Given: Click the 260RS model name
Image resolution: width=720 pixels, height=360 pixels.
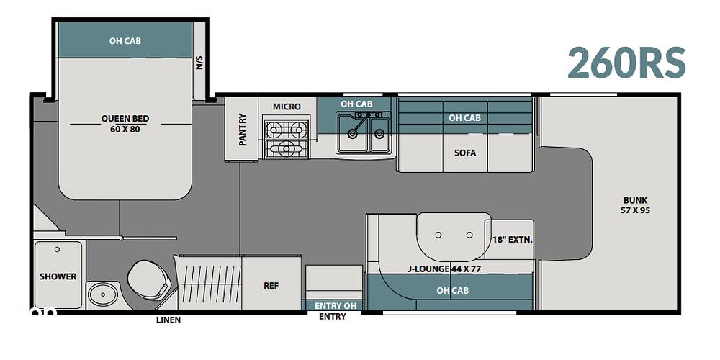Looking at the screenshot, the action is (x=626, y=63).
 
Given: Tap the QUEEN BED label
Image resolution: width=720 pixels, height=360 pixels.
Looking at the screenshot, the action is (x=125, y=119).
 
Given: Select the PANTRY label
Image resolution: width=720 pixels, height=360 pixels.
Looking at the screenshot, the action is (x=242, y=130).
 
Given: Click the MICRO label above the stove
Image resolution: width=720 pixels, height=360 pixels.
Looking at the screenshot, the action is (x=287, y=107).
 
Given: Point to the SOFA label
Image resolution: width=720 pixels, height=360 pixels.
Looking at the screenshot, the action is (x=464, y=153).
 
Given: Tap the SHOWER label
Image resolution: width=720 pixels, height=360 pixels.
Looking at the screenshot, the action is (x=58, y=276).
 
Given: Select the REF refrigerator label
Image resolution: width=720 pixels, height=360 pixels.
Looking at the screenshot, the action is (x=271, y=285).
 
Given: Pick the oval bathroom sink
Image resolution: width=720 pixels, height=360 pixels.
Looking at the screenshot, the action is (x=103, y=294).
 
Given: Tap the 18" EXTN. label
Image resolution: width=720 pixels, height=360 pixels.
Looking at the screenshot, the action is (x=512, y=239).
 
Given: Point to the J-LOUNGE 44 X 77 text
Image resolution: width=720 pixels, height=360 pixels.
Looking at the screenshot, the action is (x=444, y=269).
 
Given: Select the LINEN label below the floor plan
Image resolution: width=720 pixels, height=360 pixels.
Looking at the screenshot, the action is (x=168, y=320).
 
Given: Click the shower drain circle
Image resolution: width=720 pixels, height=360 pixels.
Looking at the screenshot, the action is (x=57, y=249).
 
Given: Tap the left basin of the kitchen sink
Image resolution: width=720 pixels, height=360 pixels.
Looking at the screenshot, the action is (x=352, y=134).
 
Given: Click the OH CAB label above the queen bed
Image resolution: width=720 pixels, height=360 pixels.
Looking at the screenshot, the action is (x=125, y=41).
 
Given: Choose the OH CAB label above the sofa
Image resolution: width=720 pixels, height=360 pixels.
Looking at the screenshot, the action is (x=464, y=118).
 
